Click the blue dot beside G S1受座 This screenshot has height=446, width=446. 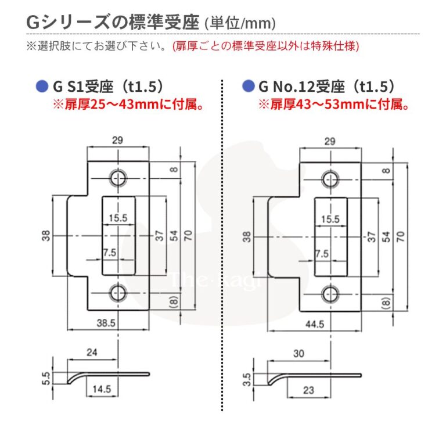pyautogui.click(x=41, y=87)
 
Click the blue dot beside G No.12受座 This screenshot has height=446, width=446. pyautogui.click(x=248, y=87)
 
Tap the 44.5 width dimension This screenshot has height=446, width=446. pyautogui.click(x=314, y=324)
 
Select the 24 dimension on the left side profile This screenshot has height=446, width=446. pyautogui.click(x=92, y=352)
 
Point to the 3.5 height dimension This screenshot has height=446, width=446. pyautogui.click(x=247, y=379)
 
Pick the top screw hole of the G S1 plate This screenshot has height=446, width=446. pyautogui.click(x=119, y=178)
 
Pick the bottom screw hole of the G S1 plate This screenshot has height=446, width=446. pyautogui.click(x=119, y=293)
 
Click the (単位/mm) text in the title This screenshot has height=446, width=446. pyautogui.click(x=239, y=23)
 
